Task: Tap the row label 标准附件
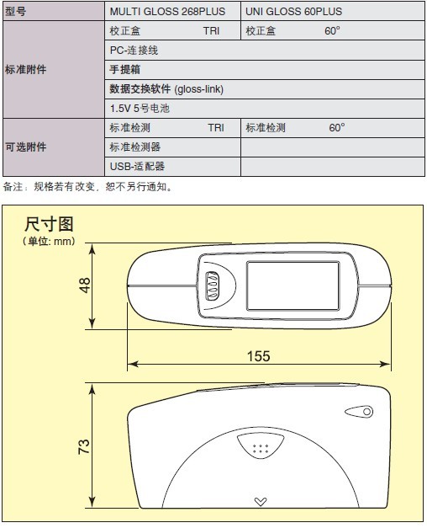[x=25, y=70]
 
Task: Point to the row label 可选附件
[x=25, y=147]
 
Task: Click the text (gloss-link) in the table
[x=198, y=89]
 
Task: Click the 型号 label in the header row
[x=15, y=12]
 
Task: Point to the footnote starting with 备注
[x=88, y=187]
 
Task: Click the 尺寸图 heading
[x=49, y=224]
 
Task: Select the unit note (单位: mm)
[x=49, y=241]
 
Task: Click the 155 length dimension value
[x=259, y=356]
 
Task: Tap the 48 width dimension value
[x=84, y=285]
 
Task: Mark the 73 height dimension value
[x=84, y=446]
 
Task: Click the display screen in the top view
[x=293, y=285]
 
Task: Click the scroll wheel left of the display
[x=212, y=285]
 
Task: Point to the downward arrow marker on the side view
[x=261, y=502]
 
